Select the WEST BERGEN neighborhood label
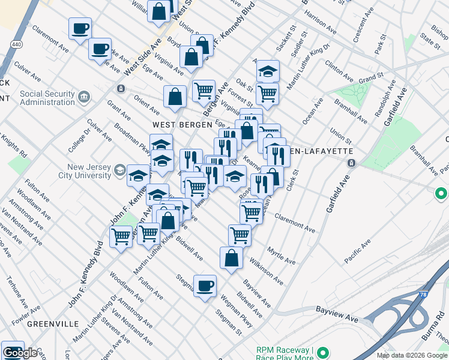182,125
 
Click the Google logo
21,352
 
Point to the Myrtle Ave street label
282,255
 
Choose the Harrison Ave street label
321,20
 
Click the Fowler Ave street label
25,314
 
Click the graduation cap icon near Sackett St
268,71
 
